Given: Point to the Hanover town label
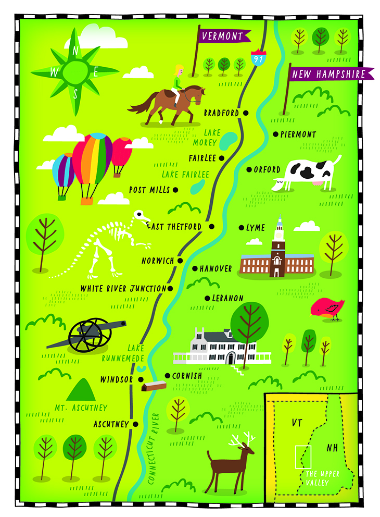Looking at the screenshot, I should coord(216,269).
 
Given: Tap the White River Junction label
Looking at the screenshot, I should coord(123,288).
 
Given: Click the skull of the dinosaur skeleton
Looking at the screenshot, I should coord(141,215).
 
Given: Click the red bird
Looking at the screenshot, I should coord(325,309).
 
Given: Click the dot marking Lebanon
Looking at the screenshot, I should coord(207,299).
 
